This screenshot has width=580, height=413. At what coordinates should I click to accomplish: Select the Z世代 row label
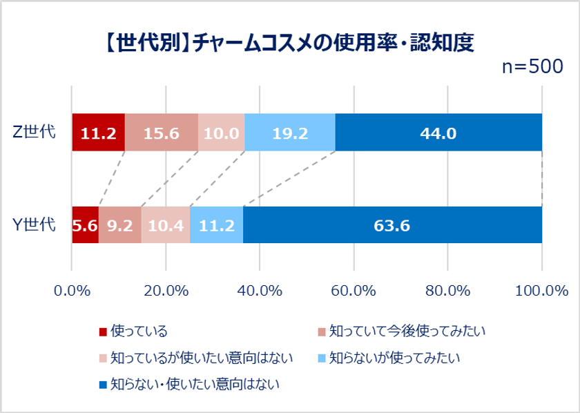[35, 132]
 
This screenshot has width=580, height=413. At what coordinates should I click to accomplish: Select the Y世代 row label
[35, 224]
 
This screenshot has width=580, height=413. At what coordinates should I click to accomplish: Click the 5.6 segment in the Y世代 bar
[85, 224]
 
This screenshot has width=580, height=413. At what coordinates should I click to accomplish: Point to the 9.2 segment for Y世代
[119, 224]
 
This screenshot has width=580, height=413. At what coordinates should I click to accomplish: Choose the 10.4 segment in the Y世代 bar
[165, 224]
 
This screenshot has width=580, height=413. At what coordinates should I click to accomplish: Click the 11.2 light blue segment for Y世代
[216, 224]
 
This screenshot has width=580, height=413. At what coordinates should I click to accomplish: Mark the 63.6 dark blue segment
[392, 224]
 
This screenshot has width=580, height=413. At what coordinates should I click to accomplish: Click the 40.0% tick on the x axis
[260, 291]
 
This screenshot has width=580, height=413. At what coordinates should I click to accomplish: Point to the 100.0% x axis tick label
[538, 291]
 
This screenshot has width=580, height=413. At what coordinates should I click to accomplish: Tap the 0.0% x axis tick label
[72, 291]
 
